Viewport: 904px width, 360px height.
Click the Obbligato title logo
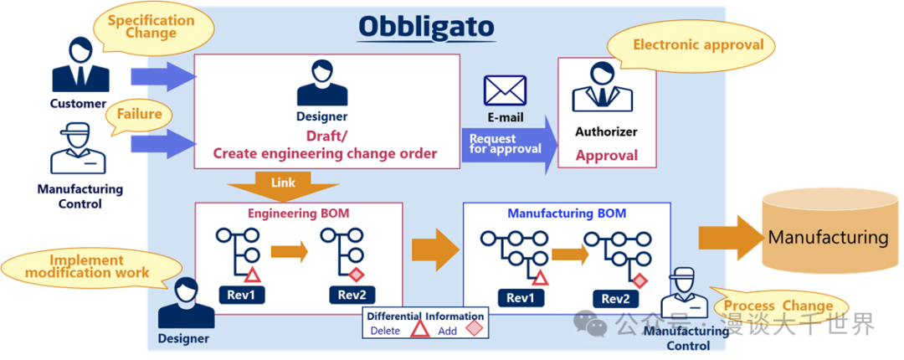coord(426,27)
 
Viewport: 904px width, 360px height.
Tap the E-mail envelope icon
coord(505,90)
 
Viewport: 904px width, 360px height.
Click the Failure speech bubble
coord(139,115)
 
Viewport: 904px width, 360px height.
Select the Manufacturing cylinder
coord(829,237)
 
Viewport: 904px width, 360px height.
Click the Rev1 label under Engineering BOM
coord(242,296)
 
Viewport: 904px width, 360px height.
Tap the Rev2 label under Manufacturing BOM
coord(616,299)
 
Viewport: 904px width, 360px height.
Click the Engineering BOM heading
coord(299,213)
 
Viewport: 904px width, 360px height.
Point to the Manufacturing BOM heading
coord(567,213)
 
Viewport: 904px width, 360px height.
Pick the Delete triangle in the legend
coord(419,329)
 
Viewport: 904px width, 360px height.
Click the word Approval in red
coord(607,155)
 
